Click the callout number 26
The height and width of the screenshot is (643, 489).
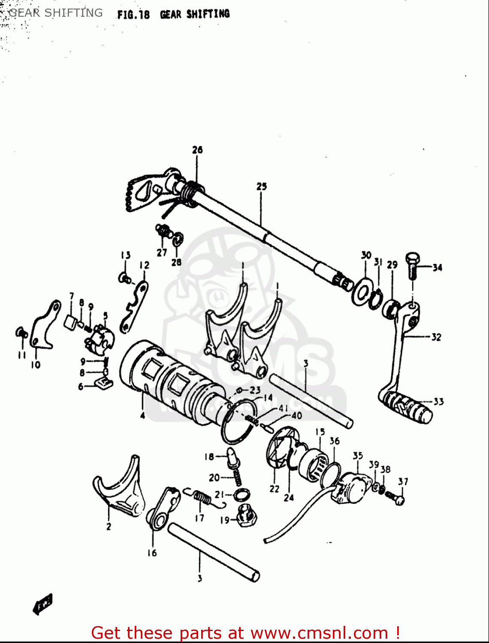point(197,150)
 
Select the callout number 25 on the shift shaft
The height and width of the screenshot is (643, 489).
point(261,186)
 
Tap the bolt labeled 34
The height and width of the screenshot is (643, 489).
point(412,264)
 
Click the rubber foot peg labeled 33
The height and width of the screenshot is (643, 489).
point(405,406)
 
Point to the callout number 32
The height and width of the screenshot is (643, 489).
point(436,337)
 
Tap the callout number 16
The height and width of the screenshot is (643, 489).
point(152,553)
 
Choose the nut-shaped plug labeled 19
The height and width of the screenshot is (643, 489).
point(246,516)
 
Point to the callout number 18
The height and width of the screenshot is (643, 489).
point(209,457)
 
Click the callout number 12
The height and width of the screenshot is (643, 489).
point(145,265)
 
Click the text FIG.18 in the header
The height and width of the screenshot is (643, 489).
point(133,15)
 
